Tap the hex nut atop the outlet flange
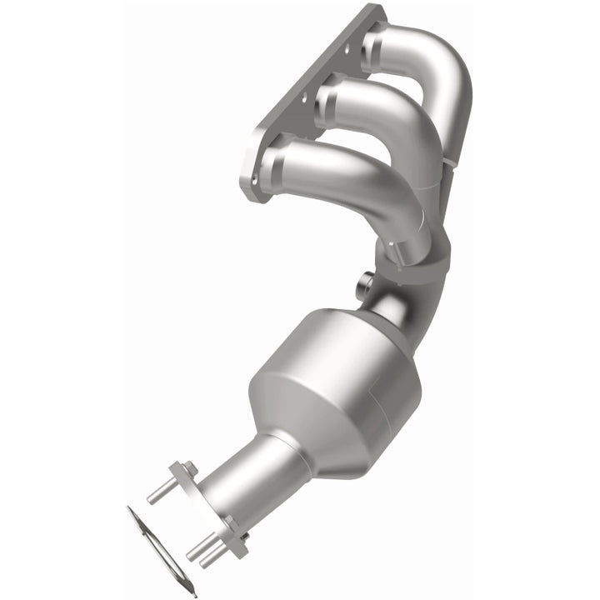tap(189, 468)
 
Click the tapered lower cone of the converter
tap(275, 433)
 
